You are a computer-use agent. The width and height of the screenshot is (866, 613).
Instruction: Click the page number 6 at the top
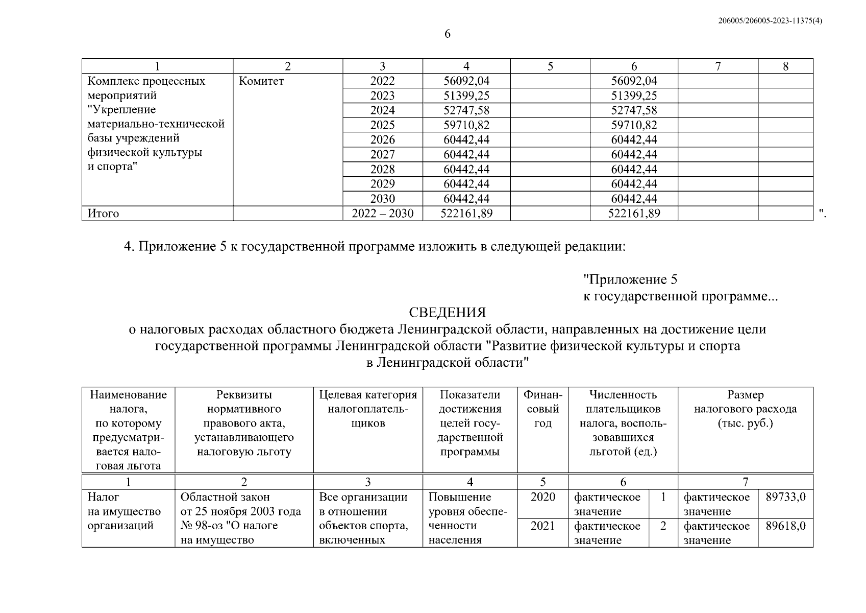[447, 34]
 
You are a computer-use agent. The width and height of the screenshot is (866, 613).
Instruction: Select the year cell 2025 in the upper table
[382, 125]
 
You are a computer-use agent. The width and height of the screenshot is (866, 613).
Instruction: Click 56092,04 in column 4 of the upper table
[466, 81]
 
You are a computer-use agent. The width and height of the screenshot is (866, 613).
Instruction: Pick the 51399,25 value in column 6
[634, 96]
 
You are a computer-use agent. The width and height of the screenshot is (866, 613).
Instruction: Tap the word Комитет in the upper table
[261, 81]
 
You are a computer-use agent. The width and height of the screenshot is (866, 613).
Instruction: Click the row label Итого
[103, 214]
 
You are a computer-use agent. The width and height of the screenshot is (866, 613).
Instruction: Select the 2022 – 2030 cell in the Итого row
[382, 214]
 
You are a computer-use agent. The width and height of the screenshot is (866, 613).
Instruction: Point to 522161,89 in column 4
[466, 214]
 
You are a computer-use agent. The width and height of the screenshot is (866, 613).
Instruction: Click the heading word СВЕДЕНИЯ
[447, 312]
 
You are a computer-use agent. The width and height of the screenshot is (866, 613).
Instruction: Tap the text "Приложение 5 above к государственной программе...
[631, 279]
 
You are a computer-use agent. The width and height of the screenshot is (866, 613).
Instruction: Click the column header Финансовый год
[542, 409]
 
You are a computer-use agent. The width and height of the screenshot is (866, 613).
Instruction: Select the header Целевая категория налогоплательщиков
[367, 409]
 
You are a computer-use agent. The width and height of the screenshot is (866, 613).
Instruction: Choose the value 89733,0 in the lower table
[785, 497]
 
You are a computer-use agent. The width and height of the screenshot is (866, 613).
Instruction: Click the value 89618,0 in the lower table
[785, 526]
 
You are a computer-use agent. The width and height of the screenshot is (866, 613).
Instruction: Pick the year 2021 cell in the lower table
[542, 526]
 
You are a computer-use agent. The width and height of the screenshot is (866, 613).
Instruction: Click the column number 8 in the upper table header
[785, 66]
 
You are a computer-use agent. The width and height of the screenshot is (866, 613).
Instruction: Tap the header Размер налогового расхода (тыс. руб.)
[745, 409]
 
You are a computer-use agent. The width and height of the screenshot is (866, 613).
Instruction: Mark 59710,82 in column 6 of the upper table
[634, 125]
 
